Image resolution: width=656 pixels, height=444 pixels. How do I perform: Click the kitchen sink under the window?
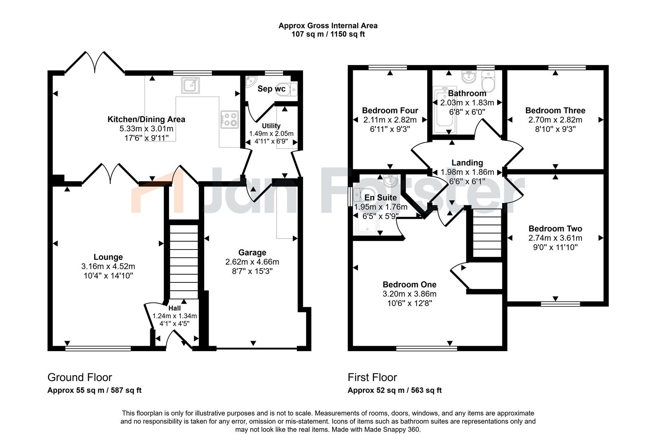pos(191,85)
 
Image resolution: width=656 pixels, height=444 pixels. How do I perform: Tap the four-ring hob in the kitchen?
pos(229,120)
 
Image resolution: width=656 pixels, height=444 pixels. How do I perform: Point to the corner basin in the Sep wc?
pos(251,81)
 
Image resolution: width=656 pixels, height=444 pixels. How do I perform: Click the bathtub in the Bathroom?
pos(445,110)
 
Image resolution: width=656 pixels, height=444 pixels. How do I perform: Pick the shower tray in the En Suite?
pos(367,226)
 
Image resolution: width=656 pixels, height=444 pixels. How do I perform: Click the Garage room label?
pos(252,252)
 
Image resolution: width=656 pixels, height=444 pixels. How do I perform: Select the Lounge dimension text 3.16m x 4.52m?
pos(108,266)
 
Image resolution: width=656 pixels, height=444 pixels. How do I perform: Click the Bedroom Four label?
pos(390,110)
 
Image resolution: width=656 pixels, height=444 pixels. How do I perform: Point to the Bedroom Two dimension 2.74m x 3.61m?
pos(555,238)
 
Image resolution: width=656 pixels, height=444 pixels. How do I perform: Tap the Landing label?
pos(467,163)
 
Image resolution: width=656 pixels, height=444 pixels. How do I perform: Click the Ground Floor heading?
pos(80,377)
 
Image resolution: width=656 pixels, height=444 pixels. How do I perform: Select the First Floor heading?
pos(372,377)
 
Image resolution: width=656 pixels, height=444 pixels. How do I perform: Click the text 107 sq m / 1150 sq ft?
pos(328,34)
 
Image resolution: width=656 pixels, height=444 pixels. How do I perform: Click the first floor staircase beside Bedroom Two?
pos(487,233)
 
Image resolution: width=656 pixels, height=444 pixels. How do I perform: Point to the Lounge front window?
pos(98,348)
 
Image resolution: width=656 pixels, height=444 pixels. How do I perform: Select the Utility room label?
pos(271,126)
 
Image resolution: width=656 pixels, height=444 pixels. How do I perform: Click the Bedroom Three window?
pos(567,67)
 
